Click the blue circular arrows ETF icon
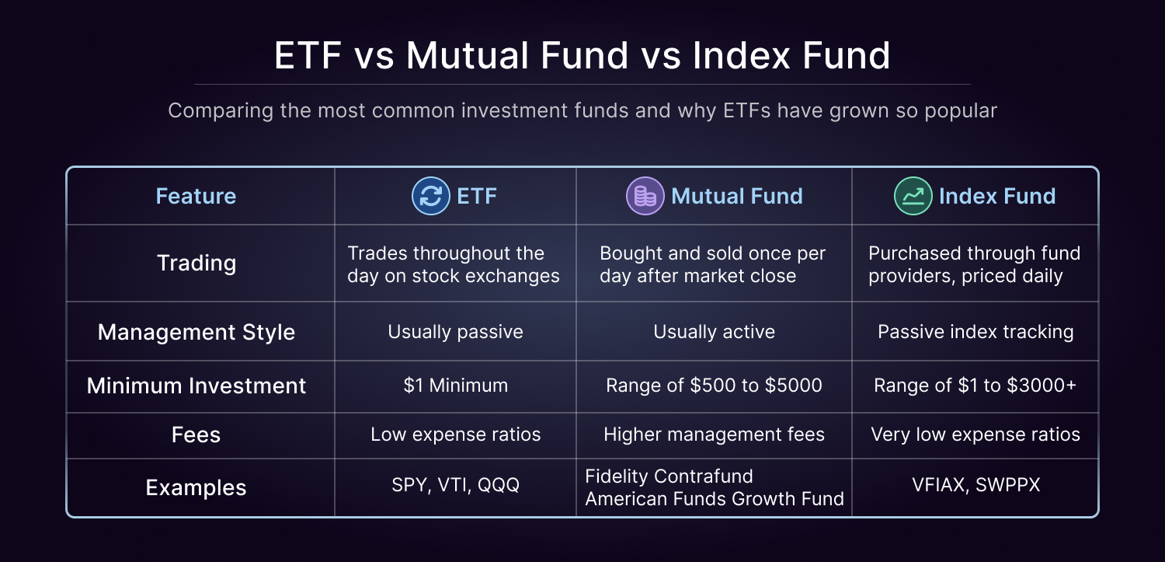pyautogui.click(x=430, y=196)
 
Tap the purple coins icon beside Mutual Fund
pyautogui.click(x=645, y=196)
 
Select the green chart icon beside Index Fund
pyautogui.click(x=913, y=196)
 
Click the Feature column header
pyautogui.click(x=196, y=196)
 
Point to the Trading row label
pyautogui.click(x=196, y=264)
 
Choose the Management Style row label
pyautogui.click(x=196, y=332)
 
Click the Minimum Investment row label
pyautogui.click(x=196, y=386)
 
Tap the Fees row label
pyautogui.click(x=196, y=435)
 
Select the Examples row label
pyautogui.click(x=196, y=487)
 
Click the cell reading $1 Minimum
pyautogui.click(x=456, y=386)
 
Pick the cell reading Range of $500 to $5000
pyautogui.click(x=714, y=386)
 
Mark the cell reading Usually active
pyautogui.click(x=714, y=332)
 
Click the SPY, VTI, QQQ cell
pyautogui.click(x=456, y=485)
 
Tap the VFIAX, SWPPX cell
pyautogui.click(x=975, y=485)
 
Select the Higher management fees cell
pyautogui.click(x=714, y=435)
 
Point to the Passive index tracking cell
pyautogui.click(x=975, y=332)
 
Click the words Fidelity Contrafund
pyautogui.click(x=669, y=476)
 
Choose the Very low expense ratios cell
pyautogui.click(x=975, y=435)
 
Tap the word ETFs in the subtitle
pyautogui.click(x=747, y=110)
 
